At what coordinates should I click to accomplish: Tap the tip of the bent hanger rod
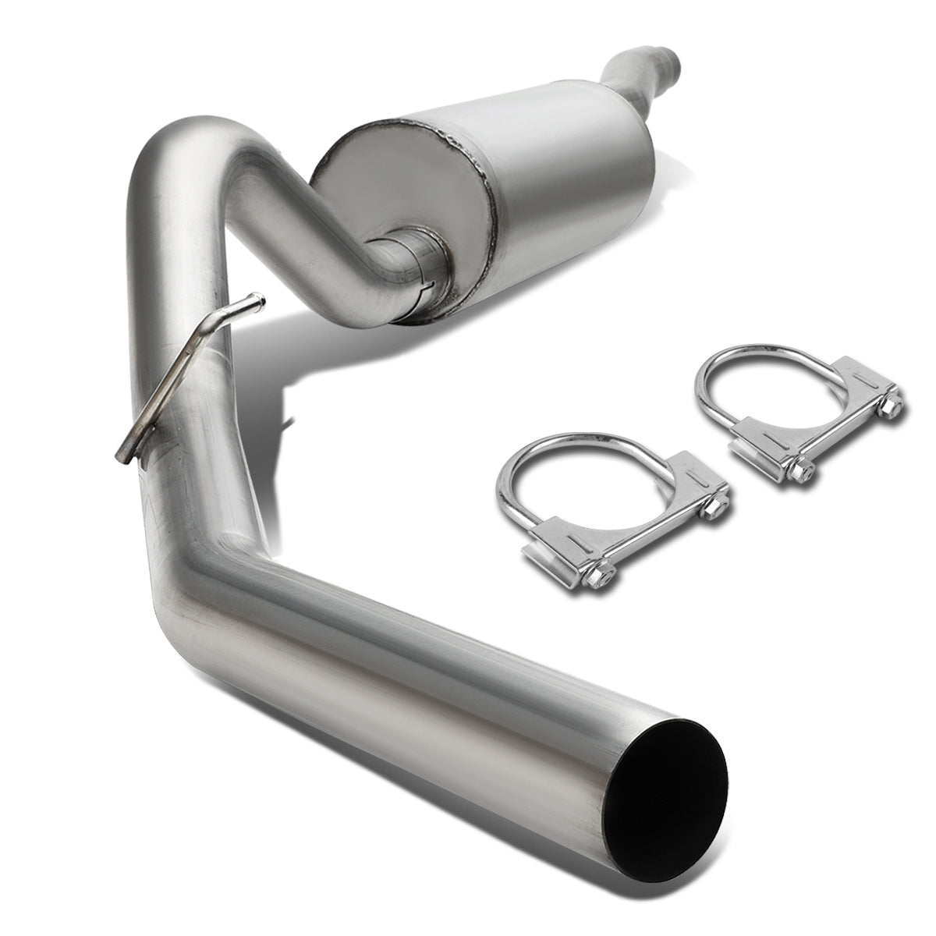coord(256,299)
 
